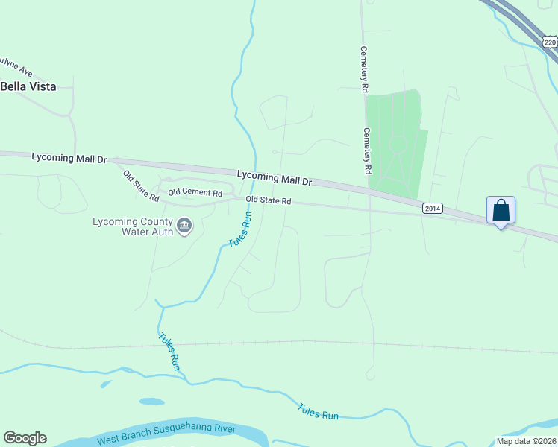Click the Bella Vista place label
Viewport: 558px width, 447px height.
pyautogui.click(x=28, y=86)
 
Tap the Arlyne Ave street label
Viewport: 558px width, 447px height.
pyautogui.click(x=16, y=66)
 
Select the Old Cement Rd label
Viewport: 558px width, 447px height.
pyautogui.click(x=195, y=193)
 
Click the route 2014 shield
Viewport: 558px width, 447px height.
pyautogui.click(x=432, y=208)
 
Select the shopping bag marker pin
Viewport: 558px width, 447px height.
pyautogui.click(x=501, y=211)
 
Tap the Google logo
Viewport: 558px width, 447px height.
pyautogui.click(x=25, y=438)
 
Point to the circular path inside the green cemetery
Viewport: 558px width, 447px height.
pyautogui.click(x=398, y=143)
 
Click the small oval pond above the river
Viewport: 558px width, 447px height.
pyautogui.click(x=151, y=402)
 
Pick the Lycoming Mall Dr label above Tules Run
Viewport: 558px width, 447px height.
pyautogui.click(x=274, y=177)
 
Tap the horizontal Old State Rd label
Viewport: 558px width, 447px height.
pyautogui.click(x=268, y=200)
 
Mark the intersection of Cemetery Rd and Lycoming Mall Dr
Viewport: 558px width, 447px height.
pyautogui.click(x=369, y=191)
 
